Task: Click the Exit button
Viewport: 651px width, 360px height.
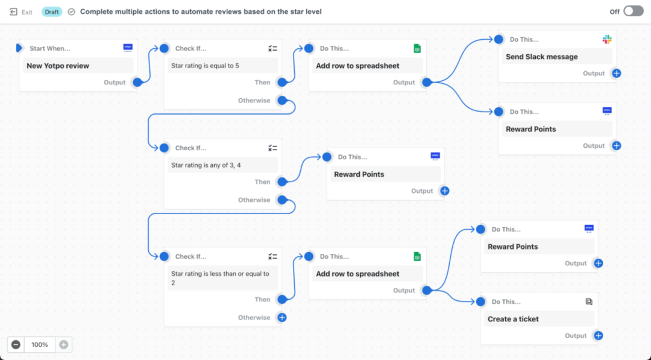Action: [x=20, y=12]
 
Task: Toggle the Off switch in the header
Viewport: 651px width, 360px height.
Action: [x=633, y=11]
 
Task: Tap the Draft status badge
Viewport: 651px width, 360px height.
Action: [x=51, y=11]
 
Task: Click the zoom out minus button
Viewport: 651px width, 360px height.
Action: [x=16, y=345]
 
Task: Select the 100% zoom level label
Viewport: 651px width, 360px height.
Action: [x=39, y=345]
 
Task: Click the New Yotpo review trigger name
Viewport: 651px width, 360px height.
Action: [x=58, y=66]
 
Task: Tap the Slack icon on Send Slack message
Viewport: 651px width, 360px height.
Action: [x=607, y=39]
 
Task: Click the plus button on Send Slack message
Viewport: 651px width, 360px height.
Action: [x=617, y=74]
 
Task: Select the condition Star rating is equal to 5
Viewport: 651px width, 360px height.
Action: [x=205, y=66]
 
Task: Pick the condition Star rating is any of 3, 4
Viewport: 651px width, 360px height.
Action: [x=206, y=165]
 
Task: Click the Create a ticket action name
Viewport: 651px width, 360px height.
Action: [x=513, y=319]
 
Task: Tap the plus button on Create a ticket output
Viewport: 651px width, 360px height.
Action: [x=599, y=335]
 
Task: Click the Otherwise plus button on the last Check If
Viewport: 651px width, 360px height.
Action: [x=282, y=318]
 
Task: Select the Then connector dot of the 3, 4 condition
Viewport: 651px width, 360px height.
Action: [x=282, y=182]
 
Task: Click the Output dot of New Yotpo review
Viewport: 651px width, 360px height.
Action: [x=137, y=82]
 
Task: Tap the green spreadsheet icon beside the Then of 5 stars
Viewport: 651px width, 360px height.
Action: [x=417, y=49]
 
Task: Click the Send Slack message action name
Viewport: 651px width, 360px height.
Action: [x=542, y=57]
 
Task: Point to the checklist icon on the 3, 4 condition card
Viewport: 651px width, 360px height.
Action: [x=272, y=148]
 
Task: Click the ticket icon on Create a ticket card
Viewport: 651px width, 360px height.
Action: [x=589, y=302]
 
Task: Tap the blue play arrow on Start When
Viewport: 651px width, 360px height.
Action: [x=19, y=48]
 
